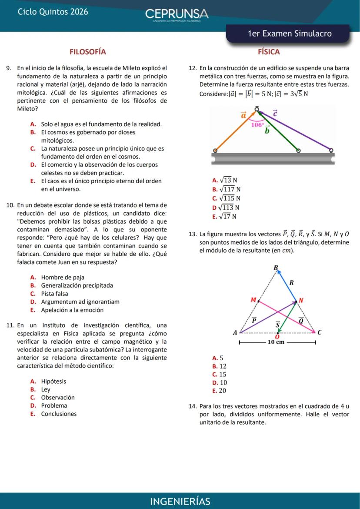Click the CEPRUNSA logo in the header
(x=177, y=14)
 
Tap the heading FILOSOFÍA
(x=88, y=52)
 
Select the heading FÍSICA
(x=269, y=52)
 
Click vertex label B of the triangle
(x=275, y=267)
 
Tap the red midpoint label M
(x=253, y=300)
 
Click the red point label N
(x=300, y=300)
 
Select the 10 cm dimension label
(x=276, y=342)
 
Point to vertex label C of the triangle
(x=320, y=333)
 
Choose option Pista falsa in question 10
(x=54, y=294)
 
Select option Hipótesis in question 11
(x=53, y=382)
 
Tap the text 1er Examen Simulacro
(x=289, y=34)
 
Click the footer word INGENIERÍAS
(x=180, y=501)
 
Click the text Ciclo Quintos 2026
(x=53, y=12)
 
